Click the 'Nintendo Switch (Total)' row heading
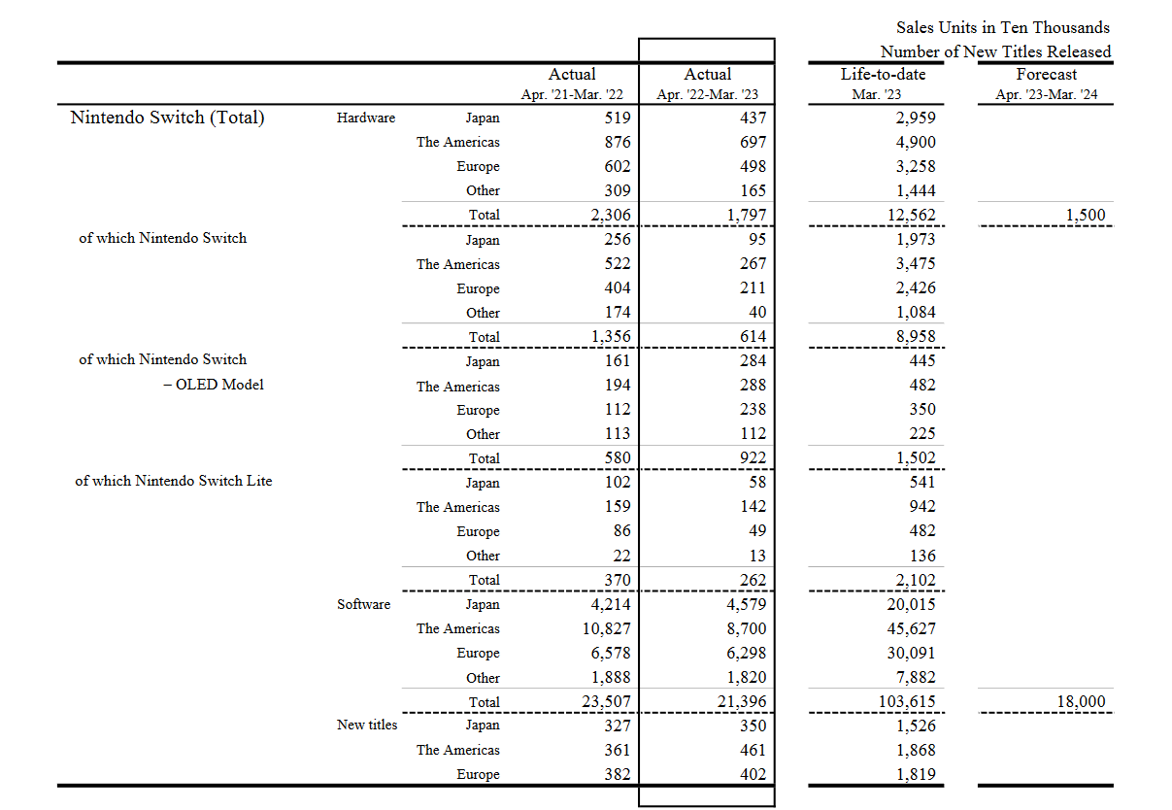167,118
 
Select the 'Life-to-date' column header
883,74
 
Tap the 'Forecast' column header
1047,74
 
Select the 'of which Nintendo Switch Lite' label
174,481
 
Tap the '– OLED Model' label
213,384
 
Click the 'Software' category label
363,604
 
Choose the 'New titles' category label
367,725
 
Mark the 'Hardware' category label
366,118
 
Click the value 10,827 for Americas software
606,628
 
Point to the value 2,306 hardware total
610,216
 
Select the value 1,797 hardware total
746,216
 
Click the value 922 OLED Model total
752,458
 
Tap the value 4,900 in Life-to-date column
915,142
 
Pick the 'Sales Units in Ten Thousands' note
1003,27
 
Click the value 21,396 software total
741,702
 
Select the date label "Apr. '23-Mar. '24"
1047,95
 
